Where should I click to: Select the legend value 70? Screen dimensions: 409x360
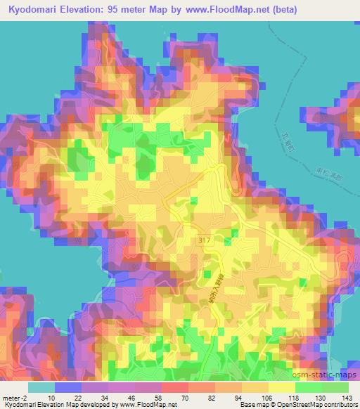174,398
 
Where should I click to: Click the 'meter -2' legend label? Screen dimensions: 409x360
14,398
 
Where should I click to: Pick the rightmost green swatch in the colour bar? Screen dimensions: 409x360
335,387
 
